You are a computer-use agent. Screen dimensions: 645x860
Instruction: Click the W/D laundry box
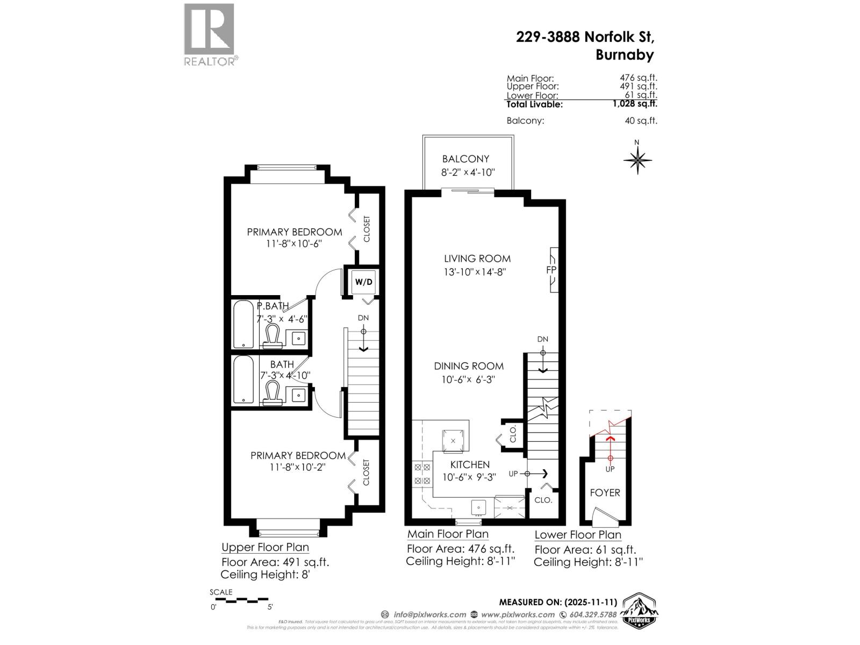click(x=363, y=282)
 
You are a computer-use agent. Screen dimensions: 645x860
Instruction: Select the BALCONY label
click(x=465, y=159)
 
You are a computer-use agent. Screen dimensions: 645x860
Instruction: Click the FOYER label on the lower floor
click(x=605, y=492)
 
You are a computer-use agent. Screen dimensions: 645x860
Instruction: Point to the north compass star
click(x=637, y=160)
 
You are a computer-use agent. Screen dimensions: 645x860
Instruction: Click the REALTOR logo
click(x=209, y=34)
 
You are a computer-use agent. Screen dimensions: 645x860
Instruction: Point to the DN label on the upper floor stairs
click(x=363, y=318)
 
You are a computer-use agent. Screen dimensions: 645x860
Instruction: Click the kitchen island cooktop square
click(x=453, y=440)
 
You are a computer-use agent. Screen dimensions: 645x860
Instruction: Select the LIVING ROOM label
click(x=477, y=259)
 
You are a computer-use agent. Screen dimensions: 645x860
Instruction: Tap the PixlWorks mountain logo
click(x=640, y=610)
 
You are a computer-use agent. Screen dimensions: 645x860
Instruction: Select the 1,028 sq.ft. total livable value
click(x=635, y=104)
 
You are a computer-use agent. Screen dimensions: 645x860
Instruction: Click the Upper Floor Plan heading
click(x=265, y=547)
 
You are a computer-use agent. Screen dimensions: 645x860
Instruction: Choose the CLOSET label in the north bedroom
click(x=367, y=229)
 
